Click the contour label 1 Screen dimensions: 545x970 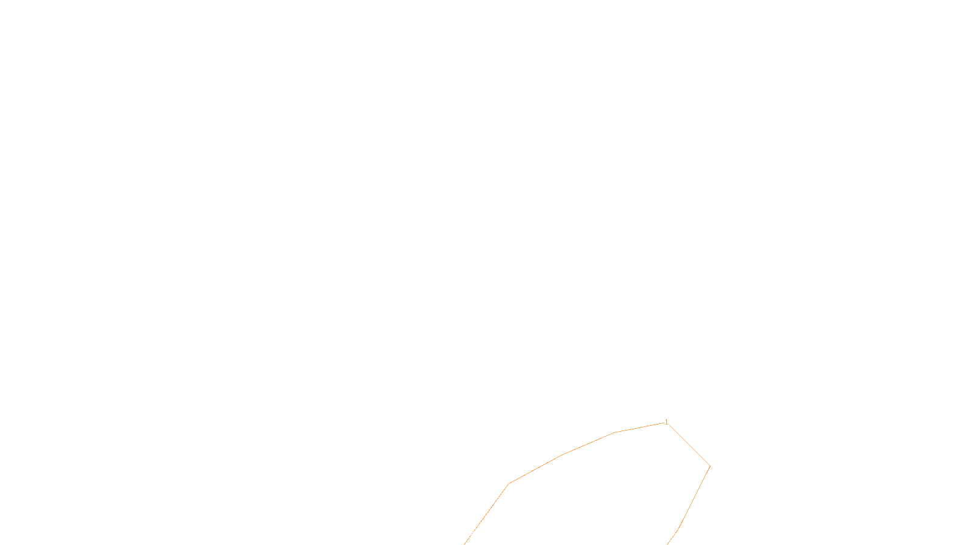666,422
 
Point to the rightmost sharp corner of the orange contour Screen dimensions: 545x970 709,466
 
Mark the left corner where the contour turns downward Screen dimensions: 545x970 509,484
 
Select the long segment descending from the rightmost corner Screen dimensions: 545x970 694,497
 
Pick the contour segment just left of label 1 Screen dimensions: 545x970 639,428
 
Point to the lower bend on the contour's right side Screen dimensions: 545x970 678,529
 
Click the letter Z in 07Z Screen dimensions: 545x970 464,535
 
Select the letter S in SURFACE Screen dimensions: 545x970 472,535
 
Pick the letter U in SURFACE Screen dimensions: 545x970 477,535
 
